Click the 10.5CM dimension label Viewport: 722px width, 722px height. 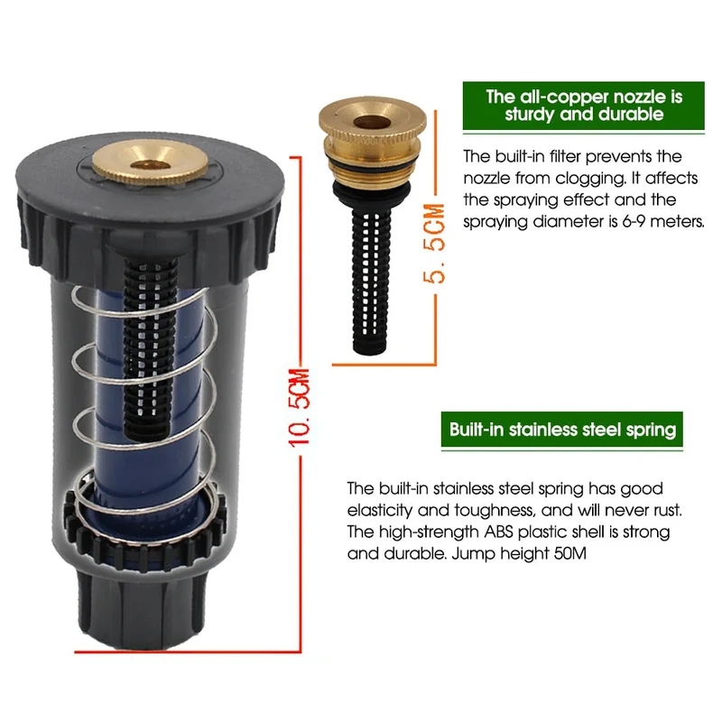click(x=299, y=408)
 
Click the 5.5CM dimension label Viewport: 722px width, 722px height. click(x=434, y=243)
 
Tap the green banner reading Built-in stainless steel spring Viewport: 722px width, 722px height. click(x=561, y=430)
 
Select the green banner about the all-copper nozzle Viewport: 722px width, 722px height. click(x=583, y=106)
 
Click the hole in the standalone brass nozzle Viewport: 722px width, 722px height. click(x=372, y=123)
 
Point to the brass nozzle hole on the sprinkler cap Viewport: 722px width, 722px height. click(x=149, y=165)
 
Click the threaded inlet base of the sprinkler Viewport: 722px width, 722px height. click(x=141, y=606)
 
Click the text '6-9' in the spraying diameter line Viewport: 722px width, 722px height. click(x=634, y=221)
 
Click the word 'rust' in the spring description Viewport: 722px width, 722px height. click(x=667, y=510)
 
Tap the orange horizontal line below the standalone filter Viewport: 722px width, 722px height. click(x=384, y=366)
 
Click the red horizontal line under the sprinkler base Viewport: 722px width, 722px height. click(x=188, y=652)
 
